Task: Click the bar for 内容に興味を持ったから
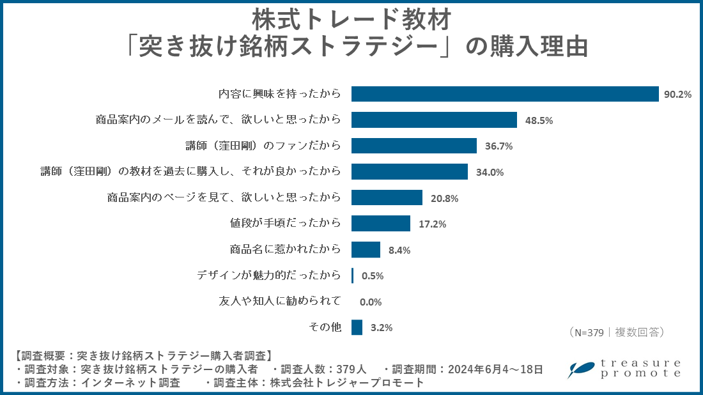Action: (x=505, y=94)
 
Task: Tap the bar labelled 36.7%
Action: (x=414, y=146)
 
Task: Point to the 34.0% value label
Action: (x=490, y=172)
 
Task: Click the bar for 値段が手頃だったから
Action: (x=381, y=224)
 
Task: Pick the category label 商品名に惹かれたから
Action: (x=285, y=249)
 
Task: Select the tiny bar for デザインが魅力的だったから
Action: (x=353, y=275)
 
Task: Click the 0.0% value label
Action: (x=371, y=302)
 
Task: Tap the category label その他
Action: (x=325, y=327)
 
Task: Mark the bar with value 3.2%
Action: (x=357, y=327)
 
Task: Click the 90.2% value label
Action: (x=678, y=95)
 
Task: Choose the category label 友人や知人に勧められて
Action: (x=280, y=301)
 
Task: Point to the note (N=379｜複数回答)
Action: (x=616, y=332)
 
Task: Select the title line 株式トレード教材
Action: (x=351, y=19)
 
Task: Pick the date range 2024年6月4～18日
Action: (x=495, y=369)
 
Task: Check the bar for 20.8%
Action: (x=387, y=197)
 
